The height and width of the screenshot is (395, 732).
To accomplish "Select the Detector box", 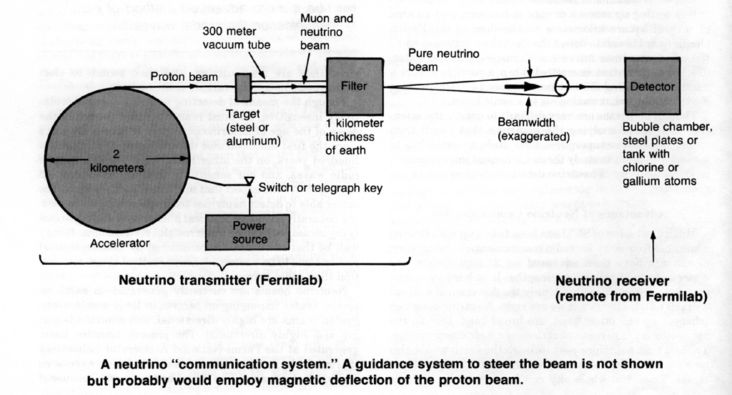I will pos(652,86).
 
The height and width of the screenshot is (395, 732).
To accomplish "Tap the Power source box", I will pos(249,232).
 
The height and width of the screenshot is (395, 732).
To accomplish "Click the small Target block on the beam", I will pos(242,87).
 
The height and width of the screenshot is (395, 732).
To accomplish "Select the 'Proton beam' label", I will pos(181,75).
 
